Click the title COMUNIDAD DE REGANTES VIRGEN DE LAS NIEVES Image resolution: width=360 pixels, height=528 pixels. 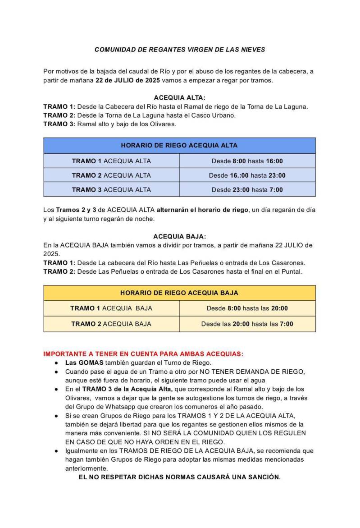click(180, 50)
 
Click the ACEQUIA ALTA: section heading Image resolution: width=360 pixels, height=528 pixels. click(179, 97)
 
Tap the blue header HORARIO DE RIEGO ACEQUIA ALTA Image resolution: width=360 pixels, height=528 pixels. click(179, 146)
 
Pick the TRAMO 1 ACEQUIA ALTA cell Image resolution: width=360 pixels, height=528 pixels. click(111, 161)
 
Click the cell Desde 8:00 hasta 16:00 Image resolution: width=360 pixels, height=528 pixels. click(247, 161)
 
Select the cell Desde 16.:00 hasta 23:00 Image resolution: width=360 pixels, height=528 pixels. click(247, 175)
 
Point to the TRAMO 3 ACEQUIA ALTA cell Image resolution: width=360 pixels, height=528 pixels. click(111, 190)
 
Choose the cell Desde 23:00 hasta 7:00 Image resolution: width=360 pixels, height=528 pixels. click(247, 190)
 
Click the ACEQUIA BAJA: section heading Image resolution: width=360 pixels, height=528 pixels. click(179, 236)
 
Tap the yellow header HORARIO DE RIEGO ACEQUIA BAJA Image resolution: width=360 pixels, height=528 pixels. click(179, 293)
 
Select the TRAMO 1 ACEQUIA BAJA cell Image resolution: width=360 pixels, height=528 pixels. click(111, 308)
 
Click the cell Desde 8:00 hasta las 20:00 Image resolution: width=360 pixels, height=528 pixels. click(247, 308)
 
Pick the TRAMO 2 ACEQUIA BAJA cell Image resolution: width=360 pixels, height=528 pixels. click(111, 324)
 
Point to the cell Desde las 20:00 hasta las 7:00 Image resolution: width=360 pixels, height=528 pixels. click(247, 324)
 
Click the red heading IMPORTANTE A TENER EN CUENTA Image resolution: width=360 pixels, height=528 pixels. click(143, 354)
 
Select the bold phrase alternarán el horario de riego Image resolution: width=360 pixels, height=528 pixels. click(202, 210)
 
